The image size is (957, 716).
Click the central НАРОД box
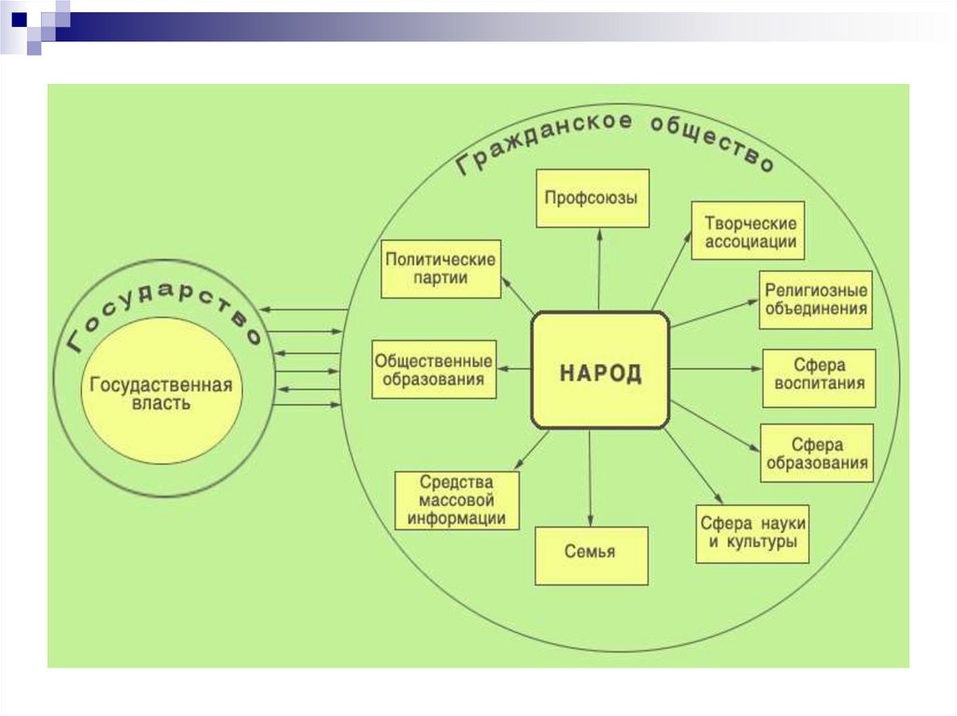[600, 371]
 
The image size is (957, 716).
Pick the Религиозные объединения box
[816, 300]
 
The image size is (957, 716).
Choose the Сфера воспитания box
[819, 377]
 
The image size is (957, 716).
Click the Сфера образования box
[817, 454]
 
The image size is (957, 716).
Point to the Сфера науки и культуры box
[752, 534]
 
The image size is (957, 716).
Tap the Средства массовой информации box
[457, 500]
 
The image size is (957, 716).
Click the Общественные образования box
[434, 370]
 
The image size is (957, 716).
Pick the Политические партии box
[442, 269]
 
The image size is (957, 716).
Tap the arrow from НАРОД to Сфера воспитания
[716, 370]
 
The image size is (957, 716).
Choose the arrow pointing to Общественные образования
[514, 370]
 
